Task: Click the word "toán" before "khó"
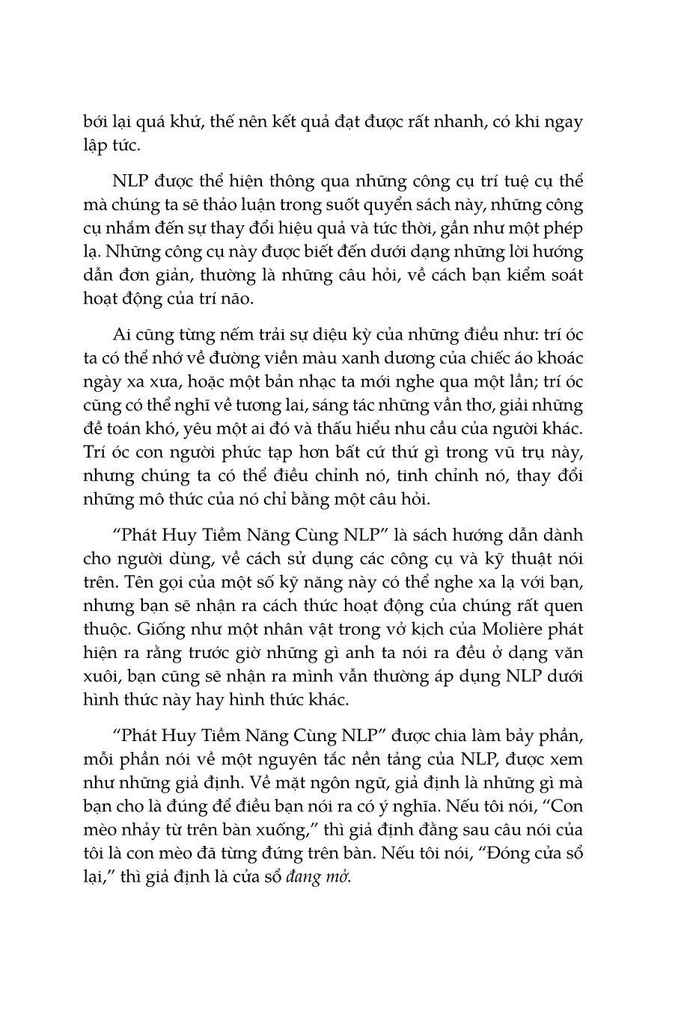[x=121, y=428]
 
